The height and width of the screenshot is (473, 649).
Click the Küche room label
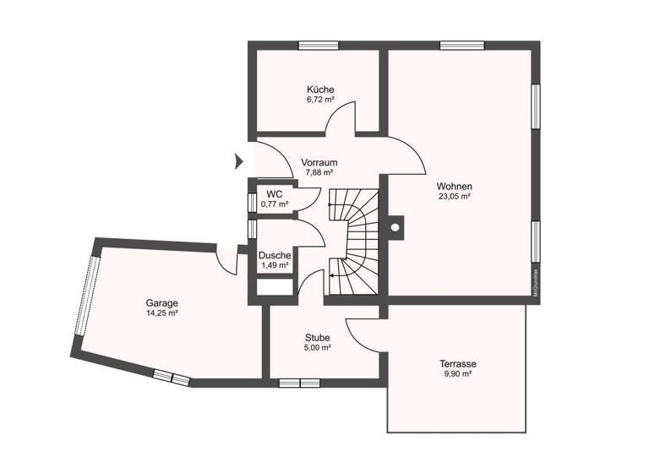pos(320,89)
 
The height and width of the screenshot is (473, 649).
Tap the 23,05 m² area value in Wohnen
pos(454,196)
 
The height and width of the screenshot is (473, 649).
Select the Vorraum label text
pos(320,163)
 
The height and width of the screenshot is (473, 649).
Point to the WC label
pos(275,194)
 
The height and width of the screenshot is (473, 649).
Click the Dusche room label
pos(275,255)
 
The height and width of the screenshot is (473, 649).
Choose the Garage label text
pos(161,302)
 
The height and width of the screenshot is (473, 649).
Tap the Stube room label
pos(319,337)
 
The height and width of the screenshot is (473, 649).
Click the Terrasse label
pos(457,363)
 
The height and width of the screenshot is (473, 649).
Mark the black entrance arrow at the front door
pos(238,160)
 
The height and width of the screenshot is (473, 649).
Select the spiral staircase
pos(353,243)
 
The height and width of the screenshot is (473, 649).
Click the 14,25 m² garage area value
pos(161,313)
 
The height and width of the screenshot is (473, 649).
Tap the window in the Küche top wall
pos(319,45)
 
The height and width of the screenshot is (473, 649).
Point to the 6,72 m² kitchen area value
pos(320,99)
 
